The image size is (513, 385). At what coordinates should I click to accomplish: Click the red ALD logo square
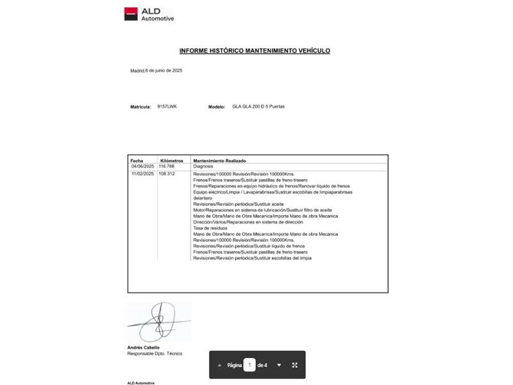131,13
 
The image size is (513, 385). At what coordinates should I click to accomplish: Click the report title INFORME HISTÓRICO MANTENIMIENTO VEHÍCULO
255,50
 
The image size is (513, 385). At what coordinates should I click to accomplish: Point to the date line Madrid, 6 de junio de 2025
156,71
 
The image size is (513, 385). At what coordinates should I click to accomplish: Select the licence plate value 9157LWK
167,107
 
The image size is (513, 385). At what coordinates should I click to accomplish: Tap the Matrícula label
140,107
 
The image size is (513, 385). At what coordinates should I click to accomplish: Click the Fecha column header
137,160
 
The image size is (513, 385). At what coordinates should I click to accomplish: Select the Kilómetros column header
171,160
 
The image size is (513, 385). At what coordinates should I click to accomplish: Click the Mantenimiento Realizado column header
219,160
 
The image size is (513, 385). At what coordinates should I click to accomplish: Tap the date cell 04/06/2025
142,166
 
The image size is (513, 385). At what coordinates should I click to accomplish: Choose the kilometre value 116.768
167,166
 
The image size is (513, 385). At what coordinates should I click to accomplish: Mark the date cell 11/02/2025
142,174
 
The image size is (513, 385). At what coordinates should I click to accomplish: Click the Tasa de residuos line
211,228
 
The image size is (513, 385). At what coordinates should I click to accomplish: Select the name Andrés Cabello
144,348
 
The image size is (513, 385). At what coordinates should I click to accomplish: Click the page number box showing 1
249,365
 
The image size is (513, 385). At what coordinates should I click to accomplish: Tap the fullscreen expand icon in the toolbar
295,365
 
